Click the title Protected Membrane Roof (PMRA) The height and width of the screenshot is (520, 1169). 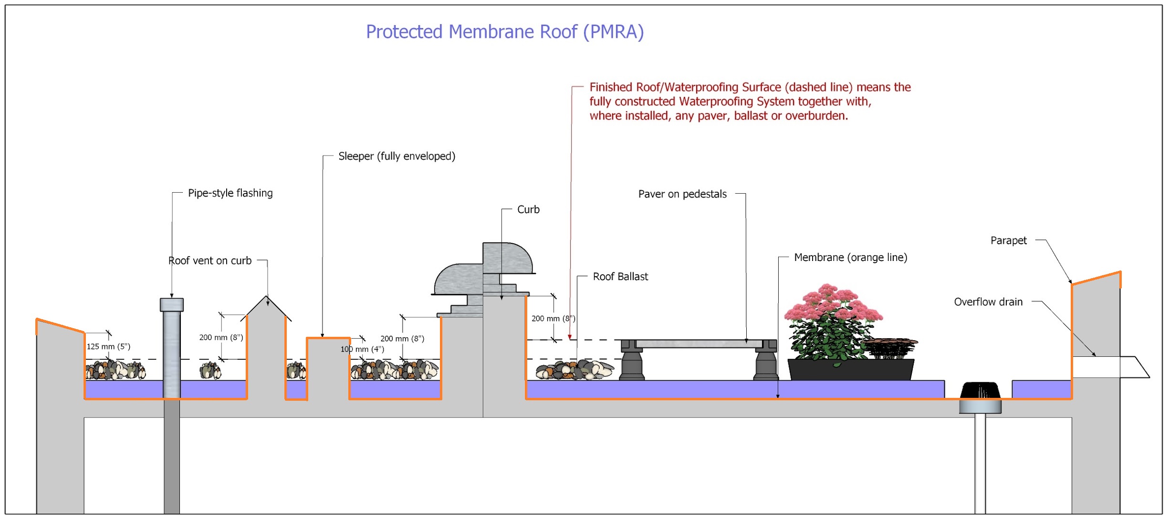(x=504, y=32)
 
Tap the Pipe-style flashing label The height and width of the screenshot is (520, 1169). (x=230, y=193)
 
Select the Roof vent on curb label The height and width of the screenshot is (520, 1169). (x=209, y=261)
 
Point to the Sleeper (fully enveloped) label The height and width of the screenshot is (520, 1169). (x=397, y=156)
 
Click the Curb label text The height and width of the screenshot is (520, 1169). (x=528, y=210)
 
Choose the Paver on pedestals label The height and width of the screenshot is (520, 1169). (x=682, y=194)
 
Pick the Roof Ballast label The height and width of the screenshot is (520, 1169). (x=620, y=277)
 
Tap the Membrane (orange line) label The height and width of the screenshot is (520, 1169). (x=850, y=258)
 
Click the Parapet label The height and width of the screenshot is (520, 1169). (x=1008, y=241)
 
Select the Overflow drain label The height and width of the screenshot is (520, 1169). (x=988, y=302)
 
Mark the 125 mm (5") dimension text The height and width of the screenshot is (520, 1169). (x=108, y=347)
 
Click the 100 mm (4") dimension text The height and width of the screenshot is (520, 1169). (x=362, y=349)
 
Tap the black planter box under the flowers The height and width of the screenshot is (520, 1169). (x=850, y=370)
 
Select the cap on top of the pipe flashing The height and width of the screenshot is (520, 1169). (x=172, y=305)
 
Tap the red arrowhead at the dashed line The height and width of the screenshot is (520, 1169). (x=569, y=337)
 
